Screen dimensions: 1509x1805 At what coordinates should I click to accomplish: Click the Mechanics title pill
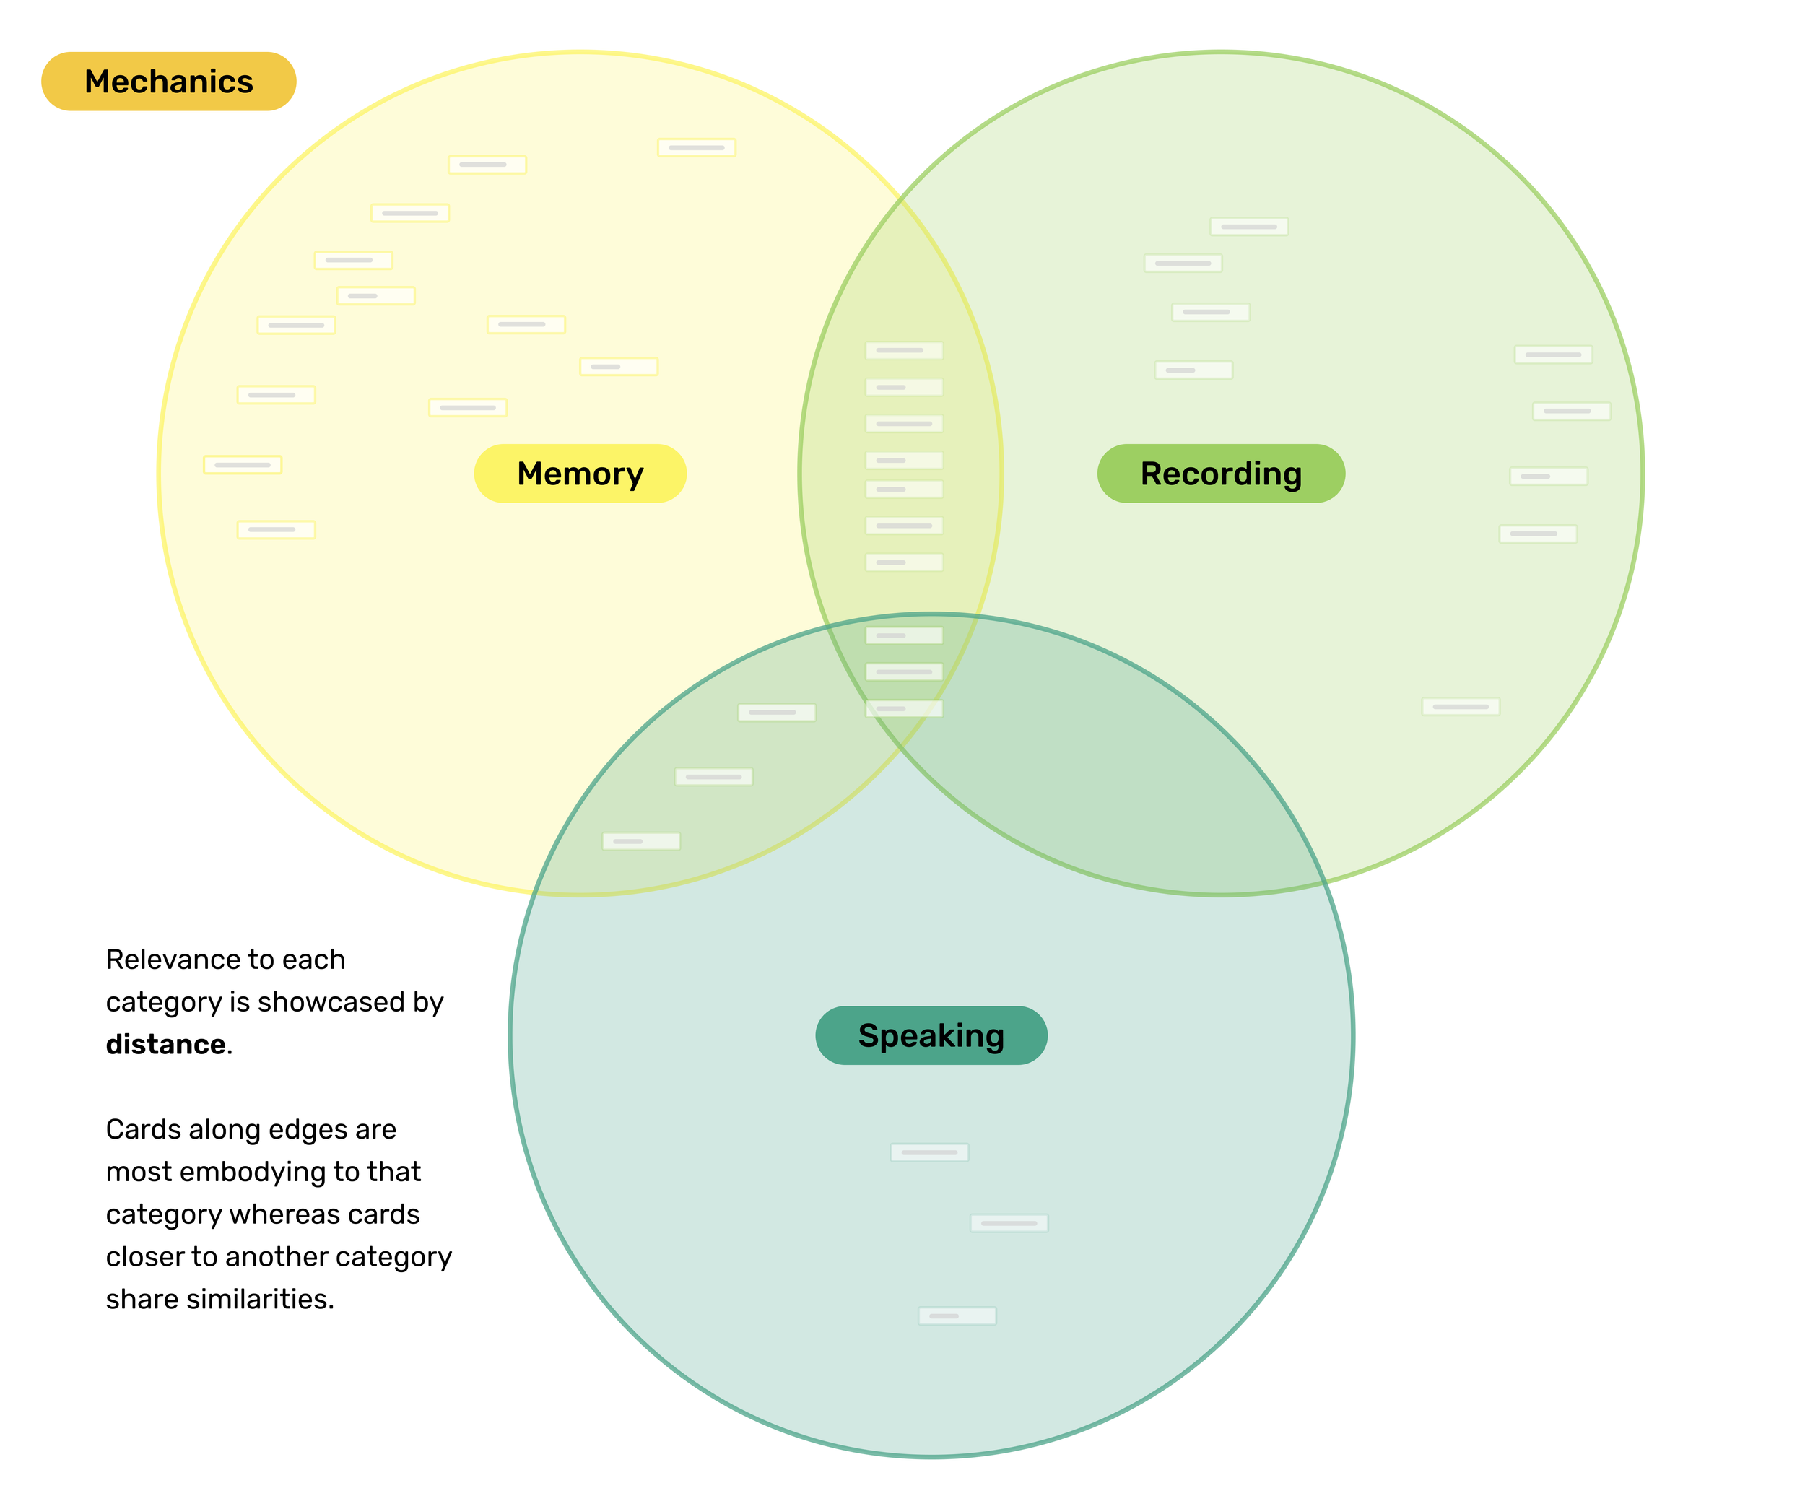(x=168, y=82)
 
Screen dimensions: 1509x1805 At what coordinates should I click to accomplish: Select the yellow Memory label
(x=580, y=474)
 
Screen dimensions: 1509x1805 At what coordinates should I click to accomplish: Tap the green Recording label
(x=1220, y=474)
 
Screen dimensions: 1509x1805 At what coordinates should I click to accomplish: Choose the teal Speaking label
(x=931, y=1035)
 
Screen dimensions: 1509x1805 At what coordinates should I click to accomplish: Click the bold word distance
(x=165, y=1044)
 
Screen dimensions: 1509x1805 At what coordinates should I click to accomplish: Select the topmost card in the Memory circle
(x=696, y=148)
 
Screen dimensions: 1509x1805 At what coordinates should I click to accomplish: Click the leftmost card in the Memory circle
(x=243, y=465)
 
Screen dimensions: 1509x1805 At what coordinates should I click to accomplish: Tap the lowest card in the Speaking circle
(x=957, y=1316)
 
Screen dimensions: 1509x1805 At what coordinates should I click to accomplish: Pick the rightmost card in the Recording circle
(x=1571, y=411)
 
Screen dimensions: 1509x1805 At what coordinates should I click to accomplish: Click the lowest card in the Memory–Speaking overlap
(x=641, y=841)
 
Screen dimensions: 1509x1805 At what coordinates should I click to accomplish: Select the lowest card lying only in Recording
(x=1461, y=706)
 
